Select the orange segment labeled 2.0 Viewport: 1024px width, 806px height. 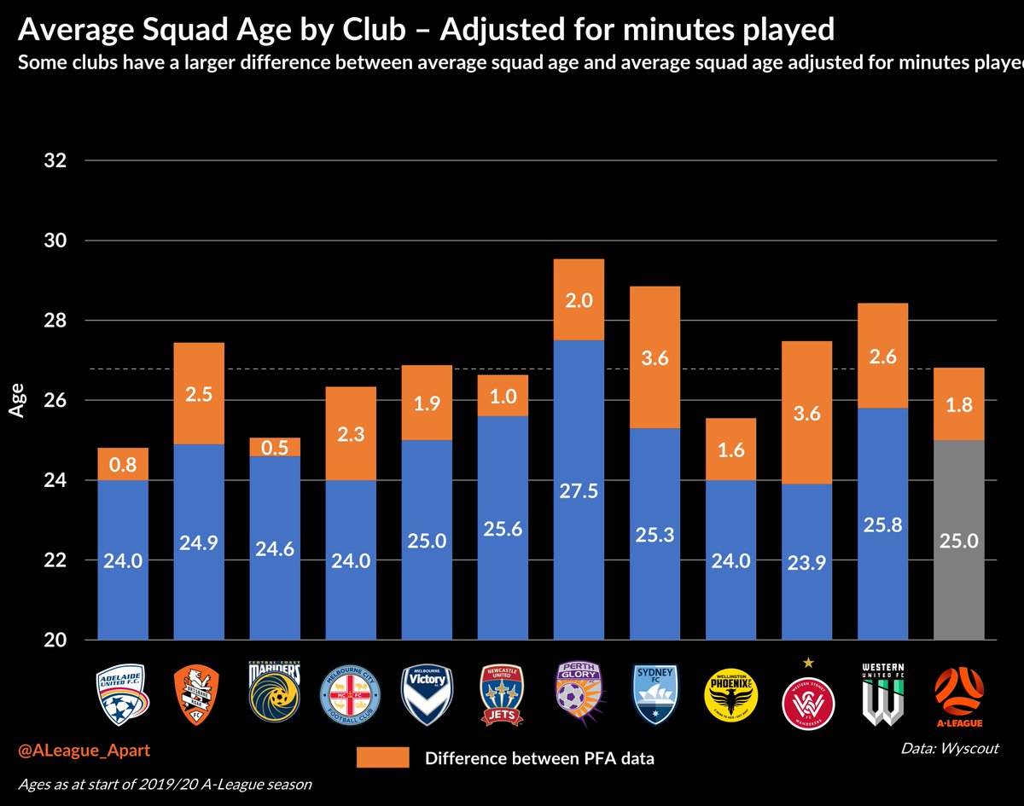pos(579,299)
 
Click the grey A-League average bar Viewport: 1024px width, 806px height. pos(959,539)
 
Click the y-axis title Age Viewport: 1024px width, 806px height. pos(16,400)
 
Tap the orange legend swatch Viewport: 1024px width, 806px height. pos(382,757)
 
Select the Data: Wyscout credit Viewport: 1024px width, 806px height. pos(948,748)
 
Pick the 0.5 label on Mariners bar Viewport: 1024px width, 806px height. pos(275,447)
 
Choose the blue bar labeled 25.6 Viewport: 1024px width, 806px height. pos(503,527)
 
